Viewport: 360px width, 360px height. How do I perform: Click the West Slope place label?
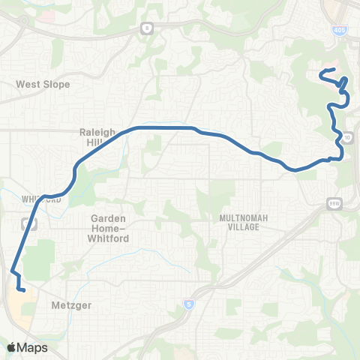(43, 85)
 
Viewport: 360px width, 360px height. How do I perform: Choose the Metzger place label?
(71, 306)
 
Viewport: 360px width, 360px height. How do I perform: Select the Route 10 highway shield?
(348, 139)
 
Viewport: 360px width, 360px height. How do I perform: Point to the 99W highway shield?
(334, 202)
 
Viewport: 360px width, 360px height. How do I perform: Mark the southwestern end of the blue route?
(24, 289)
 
